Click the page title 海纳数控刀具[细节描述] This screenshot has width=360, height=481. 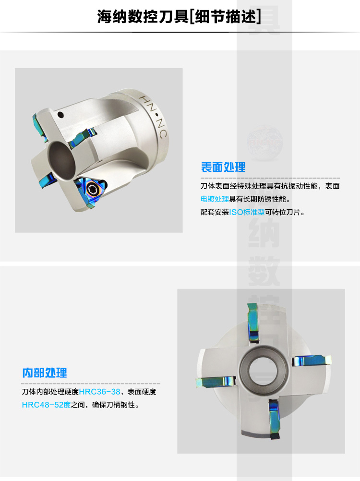tap(180, 16)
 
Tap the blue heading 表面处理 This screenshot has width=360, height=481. tap(223, 167)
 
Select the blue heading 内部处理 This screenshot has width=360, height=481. tap(45, 373)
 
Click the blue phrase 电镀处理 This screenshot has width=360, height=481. tap(215, 199)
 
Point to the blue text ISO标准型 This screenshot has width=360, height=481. tap(247, 212)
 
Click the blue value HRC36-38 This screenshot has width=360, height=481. tap(100, 392)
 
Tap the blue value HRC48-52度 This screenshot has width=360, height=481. tap(46, 405)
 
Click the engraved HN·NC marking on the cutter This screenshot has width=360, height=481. tap(153, 117)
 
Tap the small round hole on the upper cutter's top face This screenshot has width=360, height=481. tap(60, 115)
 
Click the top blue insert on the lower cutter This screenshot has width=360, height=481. tap(253, 322)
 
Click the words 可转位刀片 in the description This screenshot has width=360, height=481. tap(282, 212)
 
